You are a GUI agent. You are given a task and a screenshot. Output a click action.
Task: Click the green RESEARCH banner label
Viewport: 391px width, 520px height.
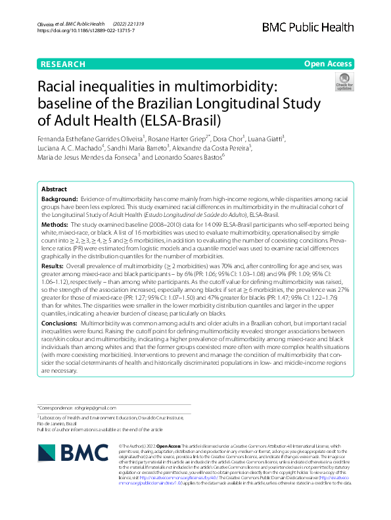(x=63, y=64)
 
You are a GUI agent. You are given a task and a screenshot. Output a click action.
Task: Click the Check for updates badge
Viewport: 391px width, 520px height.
(x=344, y=82)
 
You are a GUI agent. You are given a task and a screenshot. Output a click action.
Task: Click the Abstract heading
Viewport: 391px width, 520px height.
(x=54, y=187)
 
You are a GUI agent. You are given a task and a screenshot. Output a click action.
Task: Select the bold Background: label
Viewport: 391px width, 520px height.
(x=59, y=198)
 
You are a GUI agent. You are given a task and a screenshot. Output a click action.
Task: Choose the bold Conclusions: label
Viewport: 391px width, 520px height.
(x=60, y=343)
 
